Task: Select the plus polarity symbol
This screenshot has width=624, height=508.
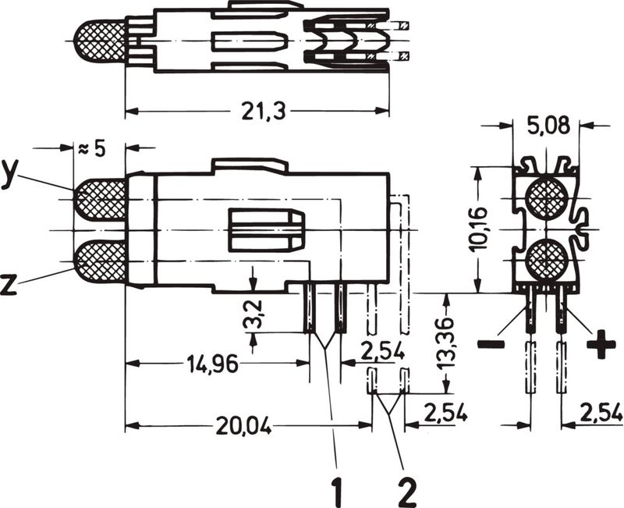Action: [x=600, y=343]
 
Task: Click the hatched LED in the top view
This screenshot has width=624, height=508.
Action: [x=101, y=42]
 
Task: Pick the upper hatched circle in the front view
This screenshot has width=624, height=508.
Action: [x=545, y=198]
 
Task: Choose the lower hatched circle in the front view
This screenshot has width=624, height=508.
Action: [x=545, y=259]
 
